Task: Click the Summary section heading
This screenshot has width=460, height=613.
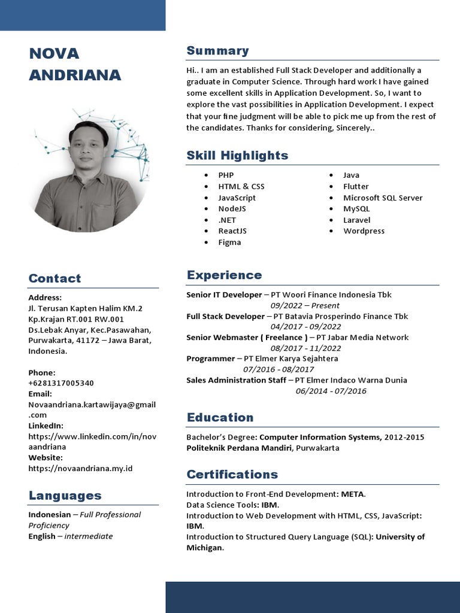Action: point(217,51)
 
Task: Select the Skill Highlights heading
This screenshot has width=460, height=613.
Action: point(237,156)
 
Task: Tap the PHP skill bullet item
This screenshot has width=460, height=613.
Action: point(226,175)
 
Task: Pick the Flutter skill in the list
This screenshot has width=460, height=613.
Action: point(356,186)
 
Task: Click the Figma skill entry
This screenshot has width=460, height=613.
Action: point(229,242)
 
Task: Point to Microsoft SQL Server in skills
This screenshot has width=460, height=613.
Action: point(383,198)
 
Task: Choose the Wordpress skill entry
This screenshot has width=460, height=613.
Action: point(364,231)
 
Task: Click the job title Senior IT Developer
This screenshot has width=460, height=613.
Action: point(224,295)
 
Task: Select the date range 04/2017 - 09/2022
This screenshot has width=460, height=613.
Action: point(305,327)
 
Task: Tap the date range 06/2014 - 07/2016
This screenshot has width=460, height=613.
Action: point(331,391)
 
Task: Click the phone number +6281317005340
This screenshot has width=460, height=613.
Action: point(61,383)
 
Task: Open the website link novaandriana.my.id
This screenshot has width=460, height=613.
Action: point(80,468)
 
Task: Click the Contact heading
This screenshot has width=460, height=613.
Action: point(55,278)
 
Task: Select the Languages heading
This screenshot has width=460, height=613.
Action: point(65,496)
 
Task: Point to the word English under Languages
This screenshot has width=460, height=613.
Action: point(41,536)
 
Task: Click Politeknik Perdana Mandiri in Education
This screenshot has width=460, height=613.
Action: point(238,448)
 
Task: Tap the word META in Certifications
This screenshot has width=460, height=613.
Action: point(352,494)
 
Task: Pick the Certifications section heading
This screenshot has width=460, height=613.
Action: point(232,475)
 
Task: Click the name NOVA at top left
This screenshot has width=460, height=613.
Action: point(54,54)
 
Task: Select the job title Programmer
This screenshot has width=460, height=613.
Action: point(210,359)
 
